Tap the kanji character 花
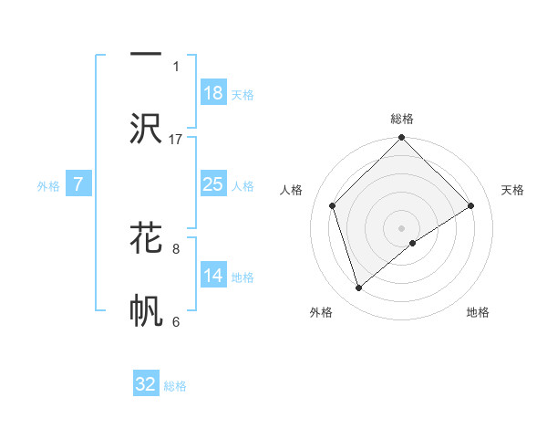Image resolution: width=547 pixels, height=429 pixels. [146, 236]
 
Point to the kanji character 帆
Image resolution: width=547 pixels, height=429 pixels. [146, 309]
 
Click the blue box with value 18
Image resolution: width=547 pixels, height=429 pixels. [212, 93]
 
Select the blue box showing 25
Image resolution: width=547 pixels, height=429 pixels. [212, 184]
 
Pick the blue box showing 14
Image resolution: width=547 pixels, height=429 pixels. [212, 276]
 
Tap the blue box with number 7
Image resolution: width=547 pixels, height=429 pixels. [78, 184]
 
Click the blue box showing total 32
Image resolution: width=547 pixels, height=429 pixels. [146, 384]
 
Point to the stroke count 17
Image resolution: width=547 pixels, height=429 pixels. [176, 139]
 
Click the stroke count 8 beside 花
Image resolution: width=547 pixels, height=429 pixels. [176, 247]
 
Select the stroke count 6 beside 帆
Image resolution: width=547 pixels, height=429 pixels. [176, 320]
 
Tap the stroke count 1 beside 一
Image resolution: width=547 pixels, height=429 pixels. [176, 66]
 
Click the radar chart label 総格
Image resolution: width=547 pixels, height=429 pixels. [401, 119]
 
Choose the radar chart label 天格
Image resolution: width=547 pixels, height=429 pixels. [512, 190]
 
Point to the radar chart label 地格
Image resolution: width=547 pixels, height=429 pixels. [478, 312]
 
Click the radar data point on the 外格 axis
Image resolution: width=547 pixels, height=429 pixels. [358, 288]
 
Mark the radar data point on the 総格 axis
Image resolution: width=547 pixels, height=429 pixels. [401, 139]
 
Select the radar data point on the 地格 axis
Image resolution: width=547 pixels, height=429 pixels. [413, 243]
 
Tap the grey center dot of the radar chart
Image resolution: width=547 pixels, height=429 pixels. [401, 226]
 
